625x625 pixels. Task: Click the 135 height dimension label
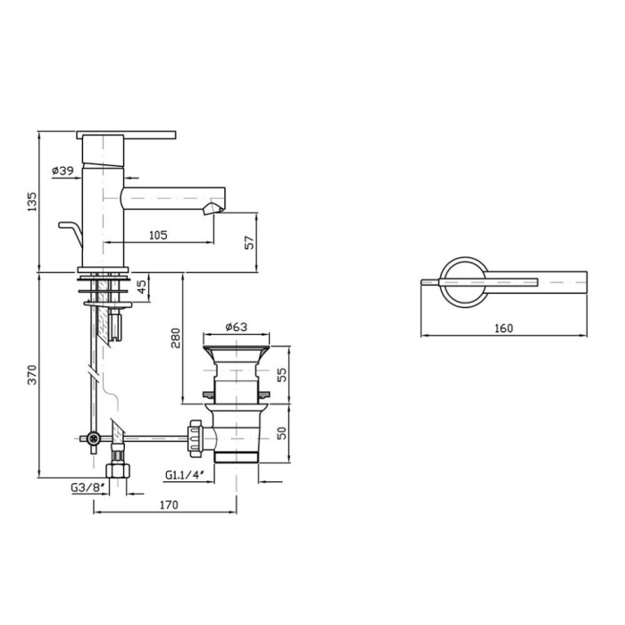pos(32,202)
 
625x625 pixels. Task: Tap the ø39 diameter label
pos(63,171)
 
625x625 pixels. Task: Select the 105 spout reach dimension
pos(158,235)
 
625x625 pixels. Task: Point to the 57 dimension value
pos(249,242)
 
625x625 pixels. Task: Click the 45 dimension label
pos(142,287)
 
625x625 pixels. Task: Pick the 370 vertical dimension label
pos(32,375)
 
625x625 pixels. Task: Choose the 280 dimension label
pos(176,338)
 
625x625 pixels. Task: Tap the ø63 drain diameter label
pos(237,327)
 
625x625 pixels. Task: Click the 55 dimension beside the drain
pos(282,375)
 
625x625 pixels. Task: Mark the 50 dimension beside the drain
pos(282,433)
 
